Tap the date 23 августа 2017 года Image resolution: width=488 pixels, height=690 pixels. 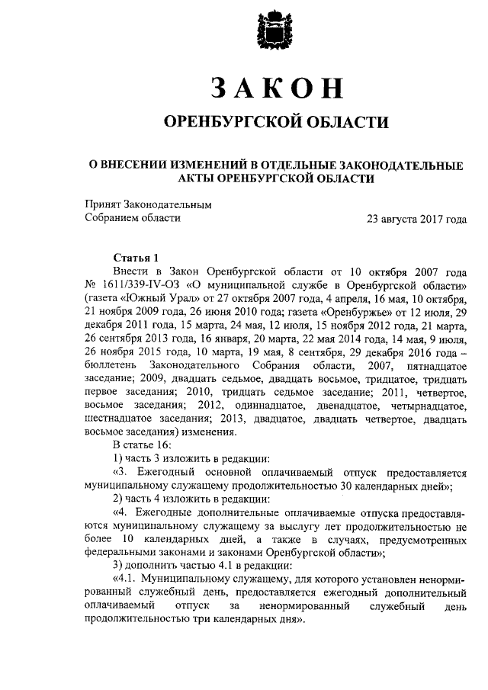point(416,218)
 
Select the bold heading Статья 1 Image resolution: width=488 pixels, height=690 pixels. point(137,258)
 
